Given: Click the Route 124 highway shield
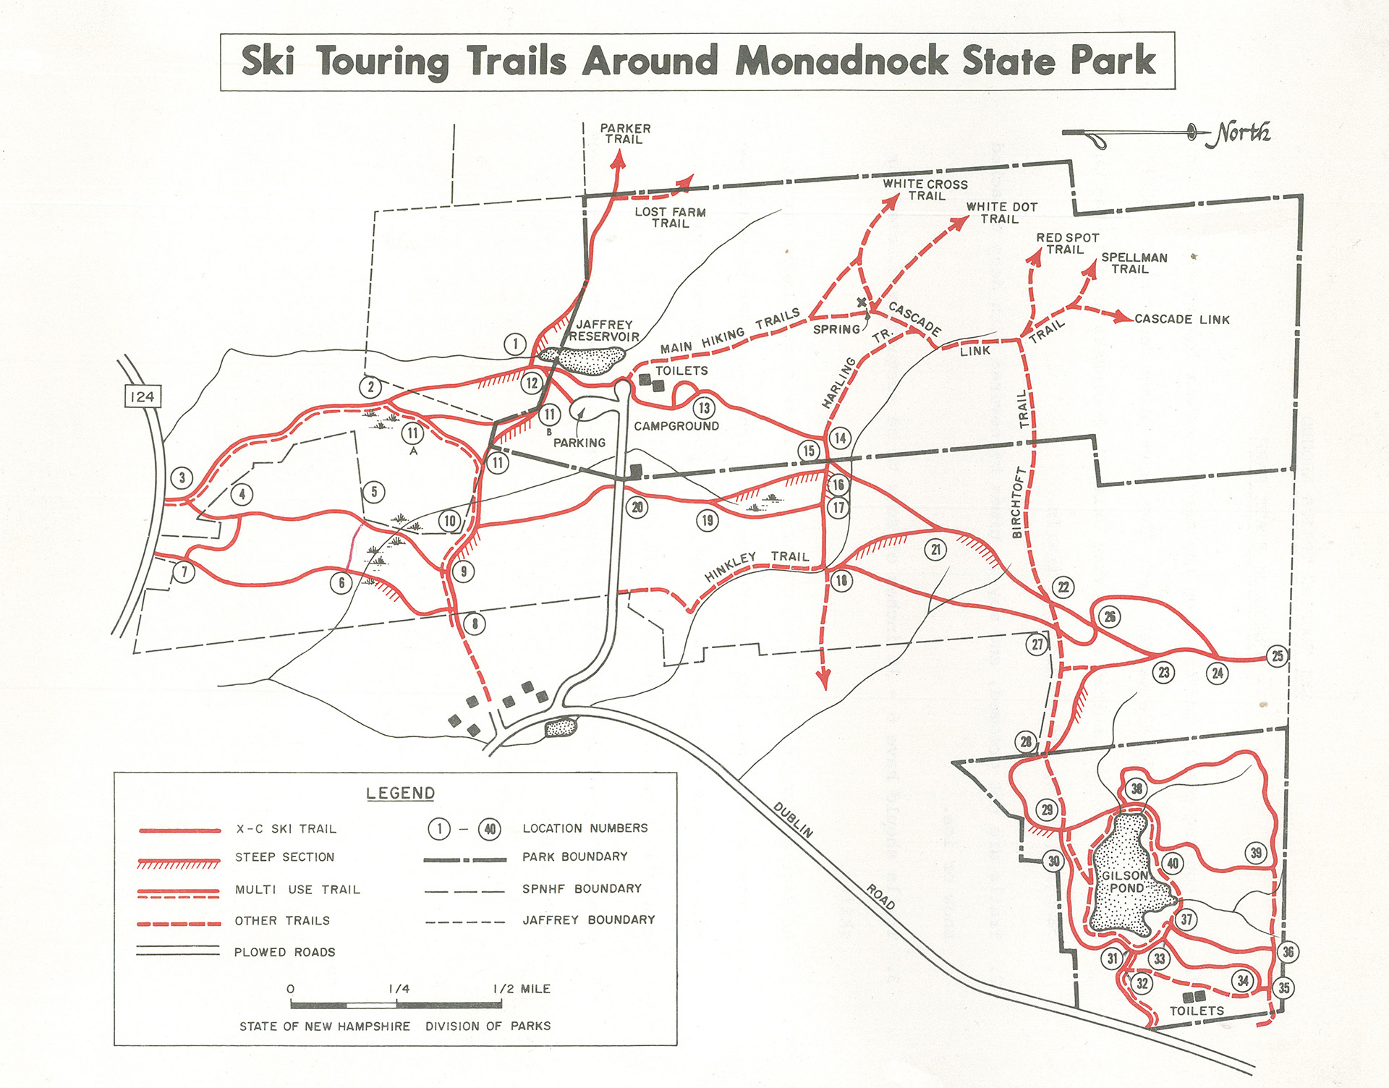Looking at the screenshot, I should click(142, 396).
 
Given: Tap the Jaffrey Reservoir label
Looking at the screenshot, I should click(604, 331).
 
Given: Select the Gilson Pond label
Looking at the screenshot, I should click(1126, 882).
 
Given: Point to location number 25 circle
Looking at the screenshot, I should click(1278, 656).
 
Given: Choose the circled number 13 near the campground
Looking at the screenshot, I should click(704, 408).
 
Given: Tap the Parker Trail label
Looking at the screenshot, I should click(625, 134).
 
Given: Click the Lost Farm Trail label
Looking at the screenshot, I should click(670, 218).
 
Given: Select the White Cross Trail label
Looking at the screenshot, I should click(925, 190).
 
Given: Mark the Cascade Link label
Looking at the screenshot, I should click(1181, 319).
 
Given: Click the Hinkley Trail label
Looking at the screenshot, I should click(756, 562).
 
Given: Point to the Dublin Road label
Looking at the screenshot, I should click(833, 854).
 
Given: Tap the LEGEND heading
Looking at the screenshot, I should click(400, 793).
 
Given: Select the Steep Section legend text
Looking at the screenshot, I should click(284, 857).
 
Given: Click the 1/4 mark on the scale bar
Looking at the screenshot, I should click(399, 990).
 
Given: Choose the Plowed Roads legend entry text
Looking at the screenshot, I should click(284, 952).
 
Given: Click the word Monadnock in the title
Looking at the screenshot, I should click(841, 61).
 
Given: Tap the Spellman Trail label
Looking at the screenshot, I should click(1134, 263).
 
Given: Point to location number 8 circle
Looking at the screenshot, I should click(475, 624).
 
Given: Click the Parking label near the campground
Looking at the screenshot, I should click(579, 443).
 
